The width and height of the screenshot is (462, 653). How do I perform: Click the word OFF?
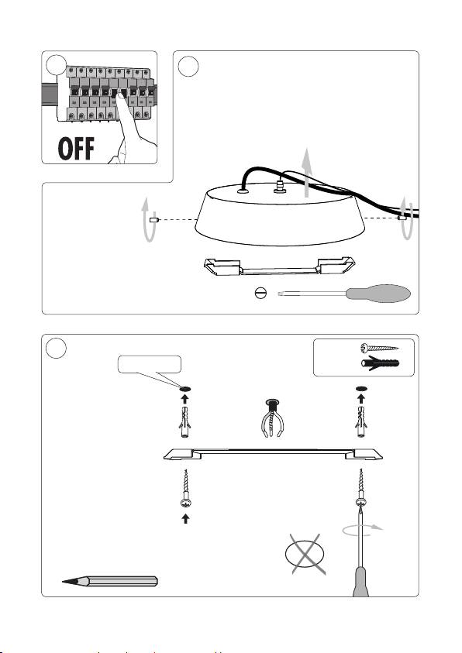pos(76,149)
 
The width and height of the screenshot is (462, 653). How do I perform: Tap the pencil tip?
pos(63,582)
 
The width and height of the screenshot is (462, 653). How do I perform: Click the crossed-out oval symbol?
pos(305,554)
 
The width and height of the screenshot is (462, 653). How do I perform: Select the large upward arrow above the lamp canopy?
pos(307,172)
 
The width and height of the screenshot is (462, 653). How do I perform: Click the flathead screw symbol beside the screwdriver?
pos(260,294)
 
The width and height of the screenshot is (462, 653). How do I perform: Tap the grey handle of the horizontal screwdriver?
pos(378,294)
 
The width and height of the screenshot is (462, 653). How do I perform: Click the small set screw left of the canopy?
pos(153,219)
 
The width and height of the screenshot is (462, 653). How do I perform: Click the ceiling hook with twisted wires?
pos(271,418)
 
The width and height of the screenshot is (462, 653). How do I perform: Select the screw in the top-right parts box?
pos(379,348)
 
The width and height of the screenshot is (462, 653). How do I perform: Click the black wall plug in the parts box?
pos(380,363)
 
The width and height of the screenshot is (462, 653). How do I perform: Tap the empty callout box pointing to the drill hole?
pos(150,364)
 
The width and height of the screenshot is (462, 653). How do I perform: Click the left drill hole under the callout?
pos(185,389)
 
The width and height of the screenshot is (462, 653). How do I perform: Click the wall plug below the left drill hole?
pos(185,422)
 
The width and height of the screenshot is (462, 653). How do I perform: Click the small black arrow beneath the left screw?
pos(186,518)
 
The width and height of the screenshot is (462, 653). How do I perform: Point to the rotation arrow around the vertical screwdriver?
pos(361,529)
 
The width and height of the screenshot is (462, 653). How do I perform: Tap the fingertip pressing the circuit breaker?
pos(120,96)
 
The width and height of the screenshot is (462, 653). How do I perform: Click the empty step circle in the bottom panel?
pos(56,348)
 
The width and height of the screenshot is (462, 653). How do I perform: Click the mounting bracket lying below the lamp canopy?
pos(279,266)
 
